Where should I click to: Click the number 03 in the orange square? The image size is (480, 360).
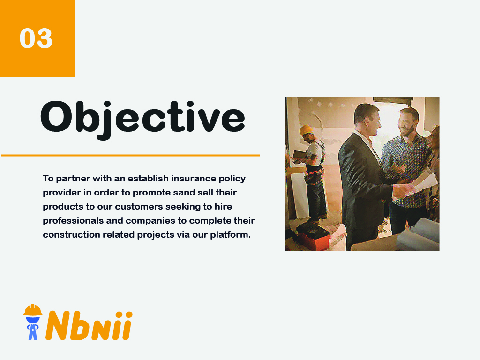(x=36, y=38)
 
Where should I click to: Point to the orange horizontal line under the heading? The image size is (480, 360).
(x=130, y=155)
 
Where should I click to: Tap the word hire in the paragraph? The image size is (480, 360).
(x=223, y=206)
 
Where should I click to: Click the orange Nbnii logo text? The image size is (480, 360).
(x=89, y=325)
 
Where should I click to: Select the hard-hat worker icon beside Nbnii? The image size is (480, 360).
(x=33, y=322)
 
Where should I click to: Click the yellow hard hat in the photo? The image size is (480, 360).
(x=307, y=130)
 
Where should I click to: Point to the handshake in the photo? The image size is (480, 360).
(x=402, y=190)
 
